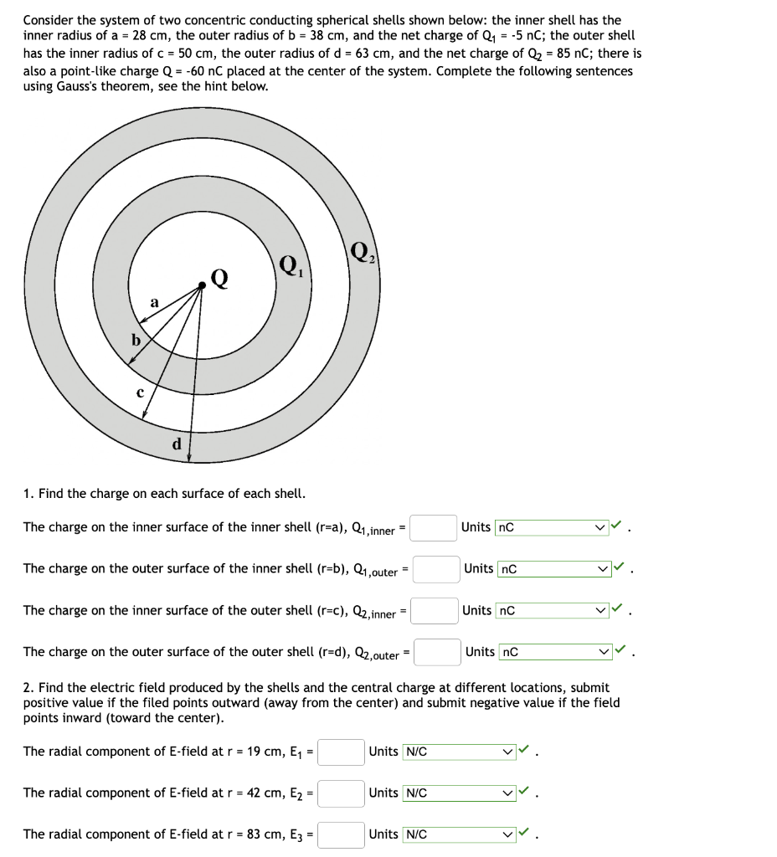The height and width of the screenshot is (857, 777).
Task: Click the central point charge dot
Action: pyautogui.click(x=202, y=286)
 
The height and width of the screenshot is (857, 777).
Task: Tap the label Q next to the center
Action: pyautogui.click(x=219, y=277)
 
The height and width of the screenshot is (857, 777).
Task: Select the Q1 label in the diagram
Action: pyautogui.click(x=289, y=265)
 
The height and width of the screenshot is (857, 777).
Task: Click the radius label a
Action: pyautogui.click(x=153, y=302)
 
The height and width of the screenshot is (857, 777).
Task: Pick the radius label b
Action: pyautogui.click(x=135, y=340)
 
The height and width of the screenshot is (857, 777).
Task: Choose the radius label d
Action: pyautogui.click(x=176, y=444)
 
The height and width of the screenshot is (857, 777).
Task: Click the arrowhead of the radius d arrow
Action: pyautogui.click(x=189, y=458)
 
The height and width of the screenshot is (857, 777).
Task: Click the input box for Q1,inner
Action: pyautogui.click(x=433, y=527)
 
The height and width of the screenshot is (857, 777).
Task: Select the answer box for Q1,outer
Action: pyautogui.click(x=436, y=569)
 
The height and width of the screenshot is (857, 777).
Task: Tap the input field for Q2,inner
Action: pyautogui.click(x=434, y=610)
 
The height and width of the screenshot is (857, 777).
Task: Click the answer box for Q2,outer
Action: pyautogui.click(x=437, y=651)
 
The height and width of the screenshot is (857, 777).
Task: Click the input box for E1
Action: pyautogui.click(x=341, y=752)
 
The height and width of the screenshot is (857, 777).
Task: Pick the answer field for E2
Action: pyautogui.click(x=341, y=793)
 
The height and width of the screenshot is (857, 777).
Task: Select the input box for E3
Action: pyautogui.click(x=341, y=834)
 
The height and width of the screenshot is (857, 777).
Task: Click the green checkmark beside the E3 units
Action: pyautogui.click(x=524, y=833)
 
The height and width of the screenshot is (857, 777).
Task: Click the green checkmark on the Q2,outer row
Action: pyautogui.click(x=620, y=650)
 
